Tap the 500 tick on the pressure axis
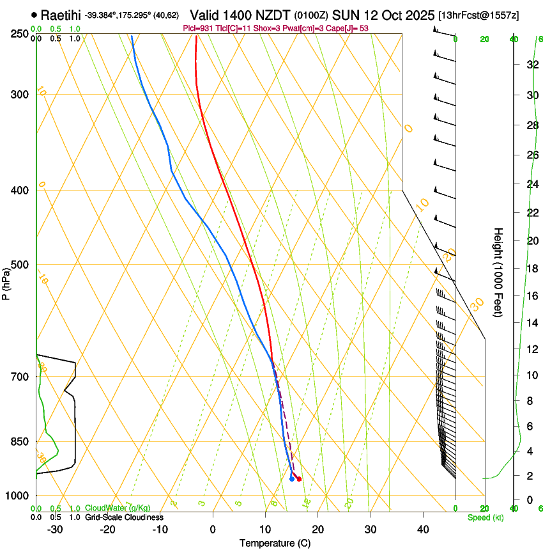click(19, 265)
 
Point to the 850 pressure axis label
click(19, 441)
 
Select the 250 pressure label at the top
click(19, 34)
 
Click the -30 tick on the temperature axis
click(55, 530)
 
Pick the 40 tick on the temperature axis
click(423, 530)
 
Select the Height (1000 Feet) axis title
click(499, 272)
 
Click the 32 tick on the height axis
click(533, 65)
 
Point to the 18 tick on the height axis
click(533, 268)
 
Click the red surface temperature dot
click(299, 479)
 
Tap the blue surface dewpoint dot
click(292, 478)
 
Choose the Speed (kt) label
click(485, 517)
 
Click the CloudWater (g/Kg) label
click(118, 508)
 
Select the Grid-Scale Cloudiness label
click(124, 517)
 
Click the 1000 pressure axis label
click(16, 496)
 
